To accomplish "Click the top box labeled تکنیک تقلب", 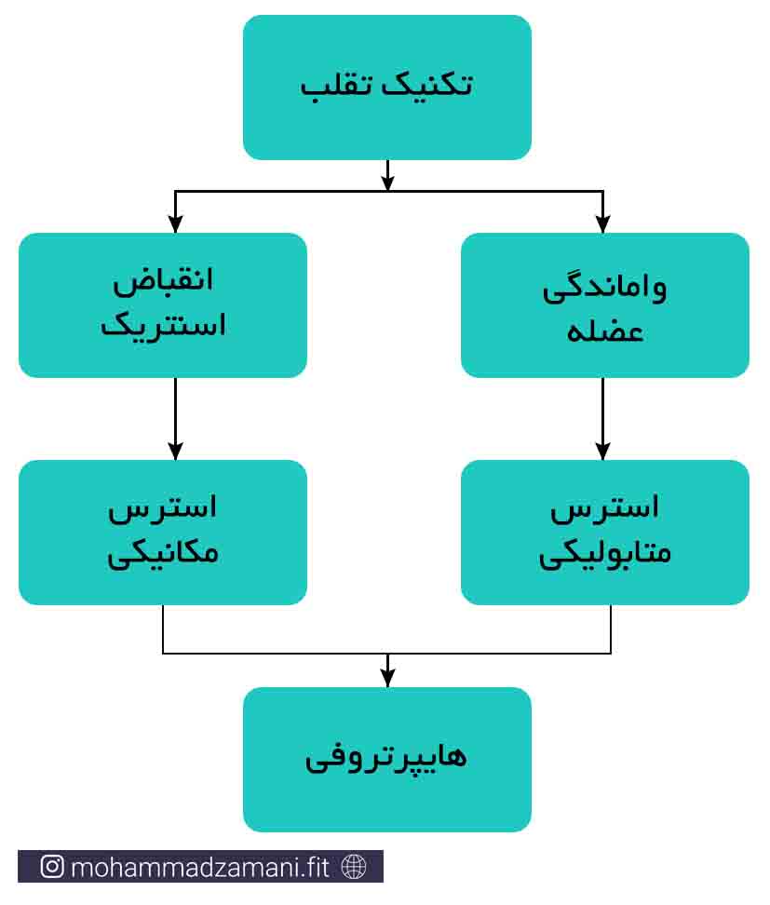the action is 386,88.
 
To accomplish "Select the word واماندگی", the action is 604,289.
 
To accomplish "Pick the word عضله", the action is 605,331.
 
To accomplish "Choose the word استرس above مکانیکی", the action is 163,508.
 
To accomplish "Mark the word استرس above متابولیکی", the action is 604,508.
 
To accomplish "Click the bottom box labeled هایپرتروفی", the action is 386,759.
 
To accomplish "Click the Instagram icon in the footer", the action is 52,866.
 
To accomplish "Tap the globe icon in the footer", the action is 354,866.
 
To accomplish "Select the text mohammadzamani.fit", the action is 199,867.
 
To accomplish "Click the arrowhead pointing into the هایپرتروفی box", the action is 388,678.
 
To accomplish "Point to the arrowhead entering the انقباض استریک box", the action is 175,224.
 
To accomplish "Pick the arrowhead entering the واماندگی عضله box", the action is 602,224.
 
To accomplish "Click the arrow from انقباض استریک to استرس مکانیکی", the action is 175,419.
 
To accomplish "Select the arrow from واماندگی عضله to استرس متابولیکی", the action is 602,419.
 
